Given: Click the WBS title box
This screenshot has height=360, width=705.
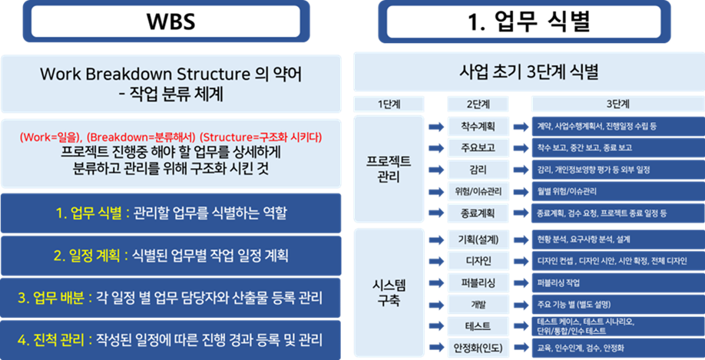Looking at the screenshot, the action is point(166,21).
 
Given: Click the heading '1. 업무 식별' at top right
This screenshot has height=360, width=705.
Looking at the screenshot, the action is point(525,21).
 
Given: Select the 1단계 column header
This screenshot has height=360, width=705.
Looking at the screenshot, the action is point(389,104).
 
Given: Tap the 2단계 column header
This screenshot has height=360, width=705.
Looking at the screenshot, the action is point(478,104).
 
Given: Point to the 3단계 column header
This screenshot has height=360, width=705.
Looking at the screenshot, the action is point(618,104).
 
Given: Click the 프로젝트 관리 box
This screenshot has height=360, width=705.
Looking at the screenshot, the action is point(389,169).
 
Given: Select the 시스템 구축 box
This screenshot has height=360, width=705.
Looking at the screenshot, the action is point(389,293).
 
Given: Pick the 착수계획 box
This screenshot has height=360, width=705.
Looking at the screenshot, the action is point(478,126).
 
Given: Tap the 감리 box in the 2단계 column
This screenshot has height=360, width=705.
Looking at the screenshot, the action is point(478,170).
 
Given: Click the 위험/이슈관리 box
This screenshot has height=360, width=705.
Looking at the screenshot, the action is point(478,192).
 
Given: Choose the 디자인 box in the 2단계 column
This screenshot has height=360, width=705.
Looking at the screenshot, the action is point(478,261).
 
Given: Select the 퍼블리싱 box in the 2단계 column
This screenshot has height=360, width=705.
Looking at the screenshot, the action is point(478,283).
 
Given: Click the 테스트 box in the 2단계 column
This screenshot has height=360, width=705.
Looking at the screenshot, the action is point(478,326).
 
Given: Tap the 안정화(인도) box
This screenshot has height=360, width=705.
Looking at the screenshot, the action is point(478,348).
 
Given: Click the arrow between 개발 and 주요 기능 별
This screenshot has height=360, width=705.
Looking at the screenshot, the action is point(521,306).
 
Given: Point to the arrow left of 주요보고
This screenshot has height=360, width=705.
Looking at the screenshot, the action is point(436,148).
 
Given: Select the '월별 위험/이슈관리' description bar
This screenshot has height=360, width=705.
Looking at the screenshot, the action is point(618,191).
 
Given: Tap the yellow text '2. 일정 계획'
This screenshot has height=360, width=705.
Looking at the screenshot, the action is point(87,256).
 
